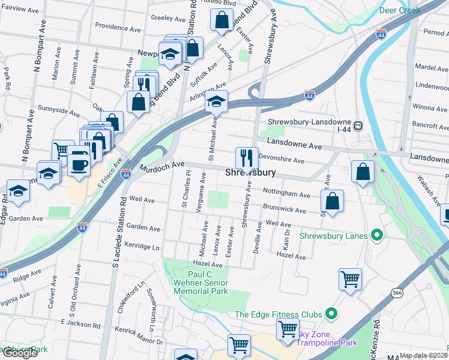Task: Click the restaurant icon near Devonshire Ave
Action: (247, 157)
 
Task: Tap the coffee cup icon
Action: (79, 161)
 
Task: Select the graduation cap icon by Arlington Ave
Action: (216, 101)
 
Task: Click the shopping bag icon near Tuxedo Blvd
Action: (221, 20)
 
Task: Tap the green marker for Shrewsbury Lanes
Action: (376, 236)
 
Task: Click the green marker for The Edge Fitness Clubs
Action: (330, 314)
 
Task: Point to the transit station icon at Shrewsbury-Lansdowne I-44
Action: (358, 126)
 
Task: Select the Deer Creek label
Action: (399, 10)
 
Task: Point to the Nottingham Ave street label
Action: (286, 194)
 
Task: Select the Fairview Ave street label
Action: (20, 10)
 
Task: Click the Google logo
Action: (19, 353)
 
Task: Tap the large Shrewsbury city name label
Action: (250, 173)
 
